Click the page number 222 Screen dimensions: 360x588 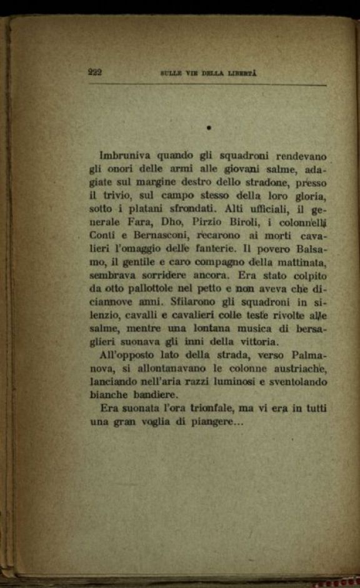pos(96,72)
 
